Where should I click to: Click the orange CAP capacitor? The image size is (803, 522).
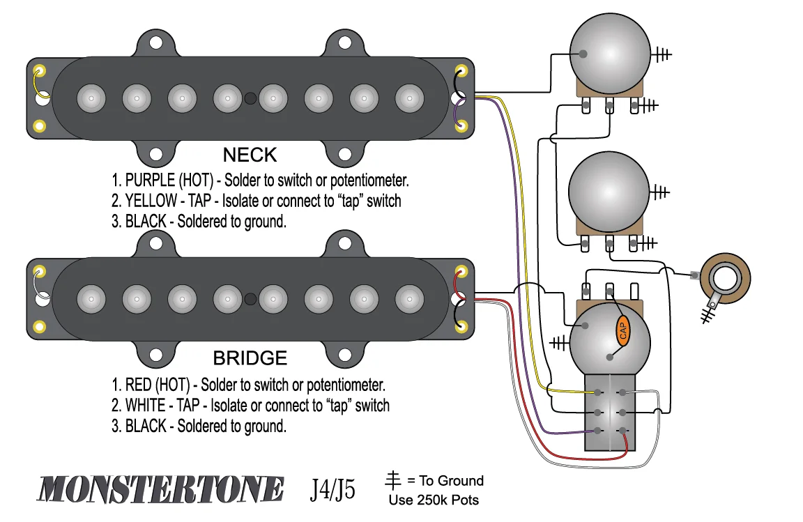(x=622, y=330)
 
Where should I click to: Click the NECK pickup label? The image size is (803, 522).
(x=250, y=155)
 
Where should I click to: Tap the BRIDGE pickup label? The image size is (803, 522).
(x=250, y=358)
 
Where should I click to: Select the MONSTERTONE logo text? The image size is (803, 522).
(x=160, y=489)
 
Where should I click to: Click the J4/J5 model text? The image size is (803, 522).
(x=333, y=490)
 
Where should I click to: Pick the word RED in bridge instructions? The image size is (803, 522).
(x=139, y=385)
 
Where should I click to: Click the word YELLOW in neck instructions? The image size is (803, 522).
(x=150, y=201)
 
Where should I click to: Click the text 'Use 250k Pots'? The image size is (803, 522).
(x=434, y=500)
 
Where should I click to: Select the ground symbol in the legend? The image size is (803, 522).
(x=394, y=480)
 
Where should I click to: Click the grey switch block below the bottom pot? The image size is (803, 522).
(x=611, y=412)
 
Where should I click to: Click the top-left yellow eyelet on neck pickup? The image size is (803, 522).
(x=40, y=72)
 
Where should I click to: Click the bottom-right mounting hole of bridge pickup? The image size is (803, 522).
(x=344, y=354)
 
